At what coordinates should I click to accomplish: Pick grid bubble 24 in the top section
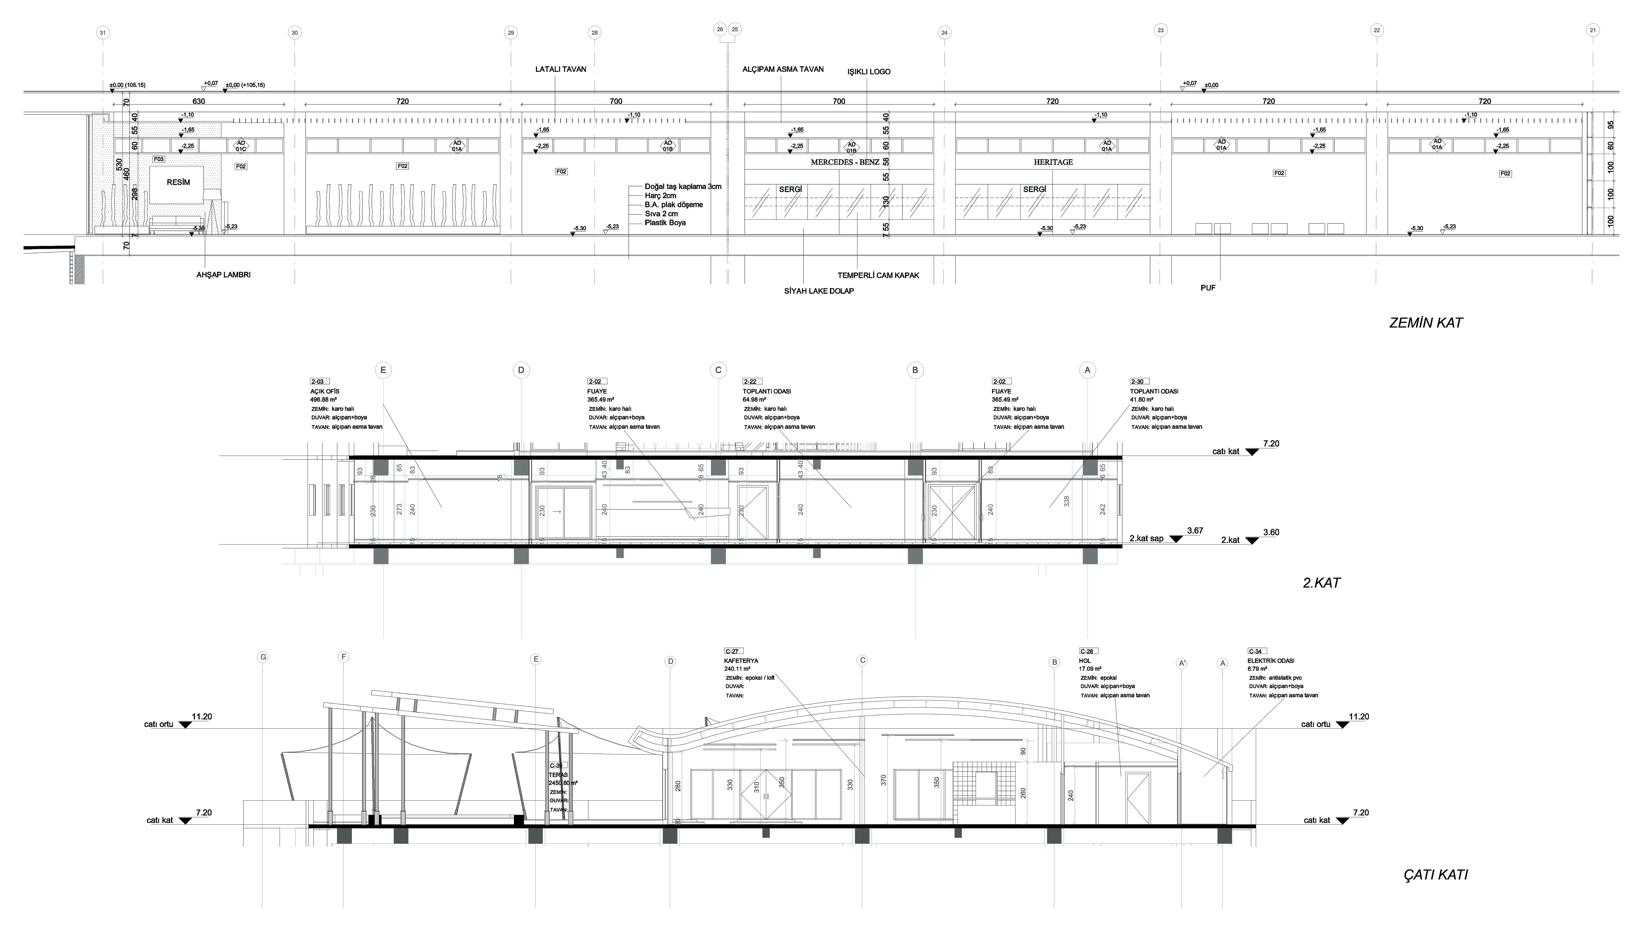click(944, 33)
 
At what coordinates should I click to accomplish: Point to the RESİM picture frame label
click(178, 182)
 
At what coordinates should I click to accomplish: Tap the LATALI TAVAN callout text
click(560, 69)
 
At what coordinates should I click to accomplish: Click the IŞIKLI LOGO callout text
click(868, 72)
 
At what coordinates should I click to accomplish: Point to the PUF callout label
click(1208, 288)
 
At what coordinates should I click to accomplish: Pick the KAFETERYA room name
click(741, 661)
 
